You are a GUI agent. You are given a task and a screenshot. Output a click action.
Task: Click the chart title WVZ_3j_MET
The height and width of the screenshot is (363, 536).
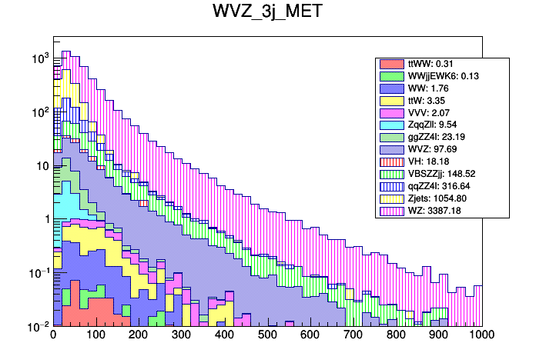(x=268, y=13)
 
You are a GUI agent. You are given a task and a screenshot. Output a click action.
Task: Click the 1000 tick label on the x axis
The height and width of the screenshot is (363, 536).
(x=481, y=335)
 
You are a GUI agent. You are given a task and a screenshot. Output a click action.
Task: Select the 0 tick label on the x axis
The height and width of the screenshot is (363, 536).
(x=53, y=335)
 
